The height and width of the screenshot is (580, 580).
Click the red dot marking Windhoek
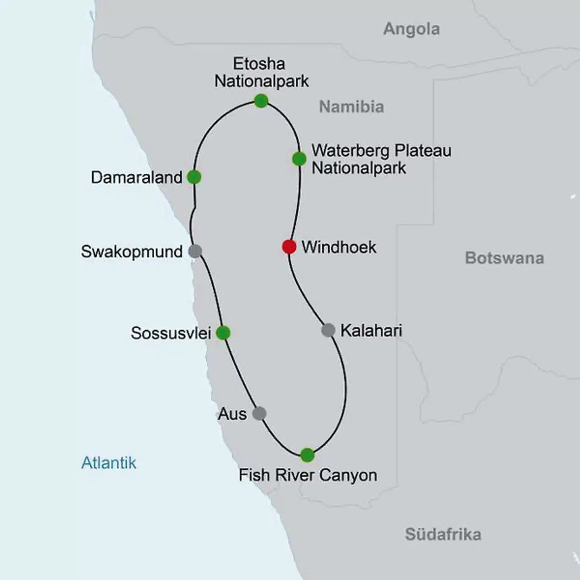pos(289,246)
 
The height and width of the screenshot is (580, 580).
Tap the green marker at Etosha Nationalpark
pos(261,101)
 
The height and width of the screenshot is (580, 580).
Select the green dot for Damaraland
pos(194,177)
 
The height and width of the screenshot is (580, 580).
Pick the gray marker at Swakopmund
pos(195,251)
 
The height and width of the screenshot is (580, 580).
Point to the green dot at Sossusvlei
pos(223,333)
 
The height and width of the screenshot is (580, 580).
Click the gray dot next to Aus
pos(259,413)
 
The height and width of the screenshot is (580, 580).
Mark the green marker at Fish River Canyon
pos(307,455)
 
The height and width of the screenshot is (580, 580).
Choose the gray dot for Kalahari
pos(328,330)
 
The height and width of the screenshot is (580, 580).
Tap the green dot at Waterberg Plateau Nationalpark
pos(299,159)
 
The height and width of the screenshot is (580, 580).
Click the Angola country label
pos(411,29)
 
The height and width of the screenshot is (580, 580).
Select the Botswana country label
pos(504,258)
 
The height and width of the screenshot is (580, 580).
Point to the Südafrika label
pos(443,534)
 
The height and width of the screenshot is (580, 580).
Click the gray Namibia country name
pos(351,107)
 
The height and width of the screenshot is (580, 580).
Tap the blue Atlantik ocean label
pos(109,463)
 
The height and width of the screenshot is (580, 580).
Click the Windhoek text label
pos(339,247)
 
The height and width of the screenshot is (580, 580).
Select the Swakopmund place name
pos(132,252)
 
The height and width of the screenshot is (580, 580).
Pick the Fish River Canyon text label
pos(308,475)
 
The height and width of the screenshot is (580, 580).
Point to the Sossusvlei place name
pos(171,333)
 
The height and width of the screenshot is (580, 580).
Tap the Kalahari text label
pos(371,331)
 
